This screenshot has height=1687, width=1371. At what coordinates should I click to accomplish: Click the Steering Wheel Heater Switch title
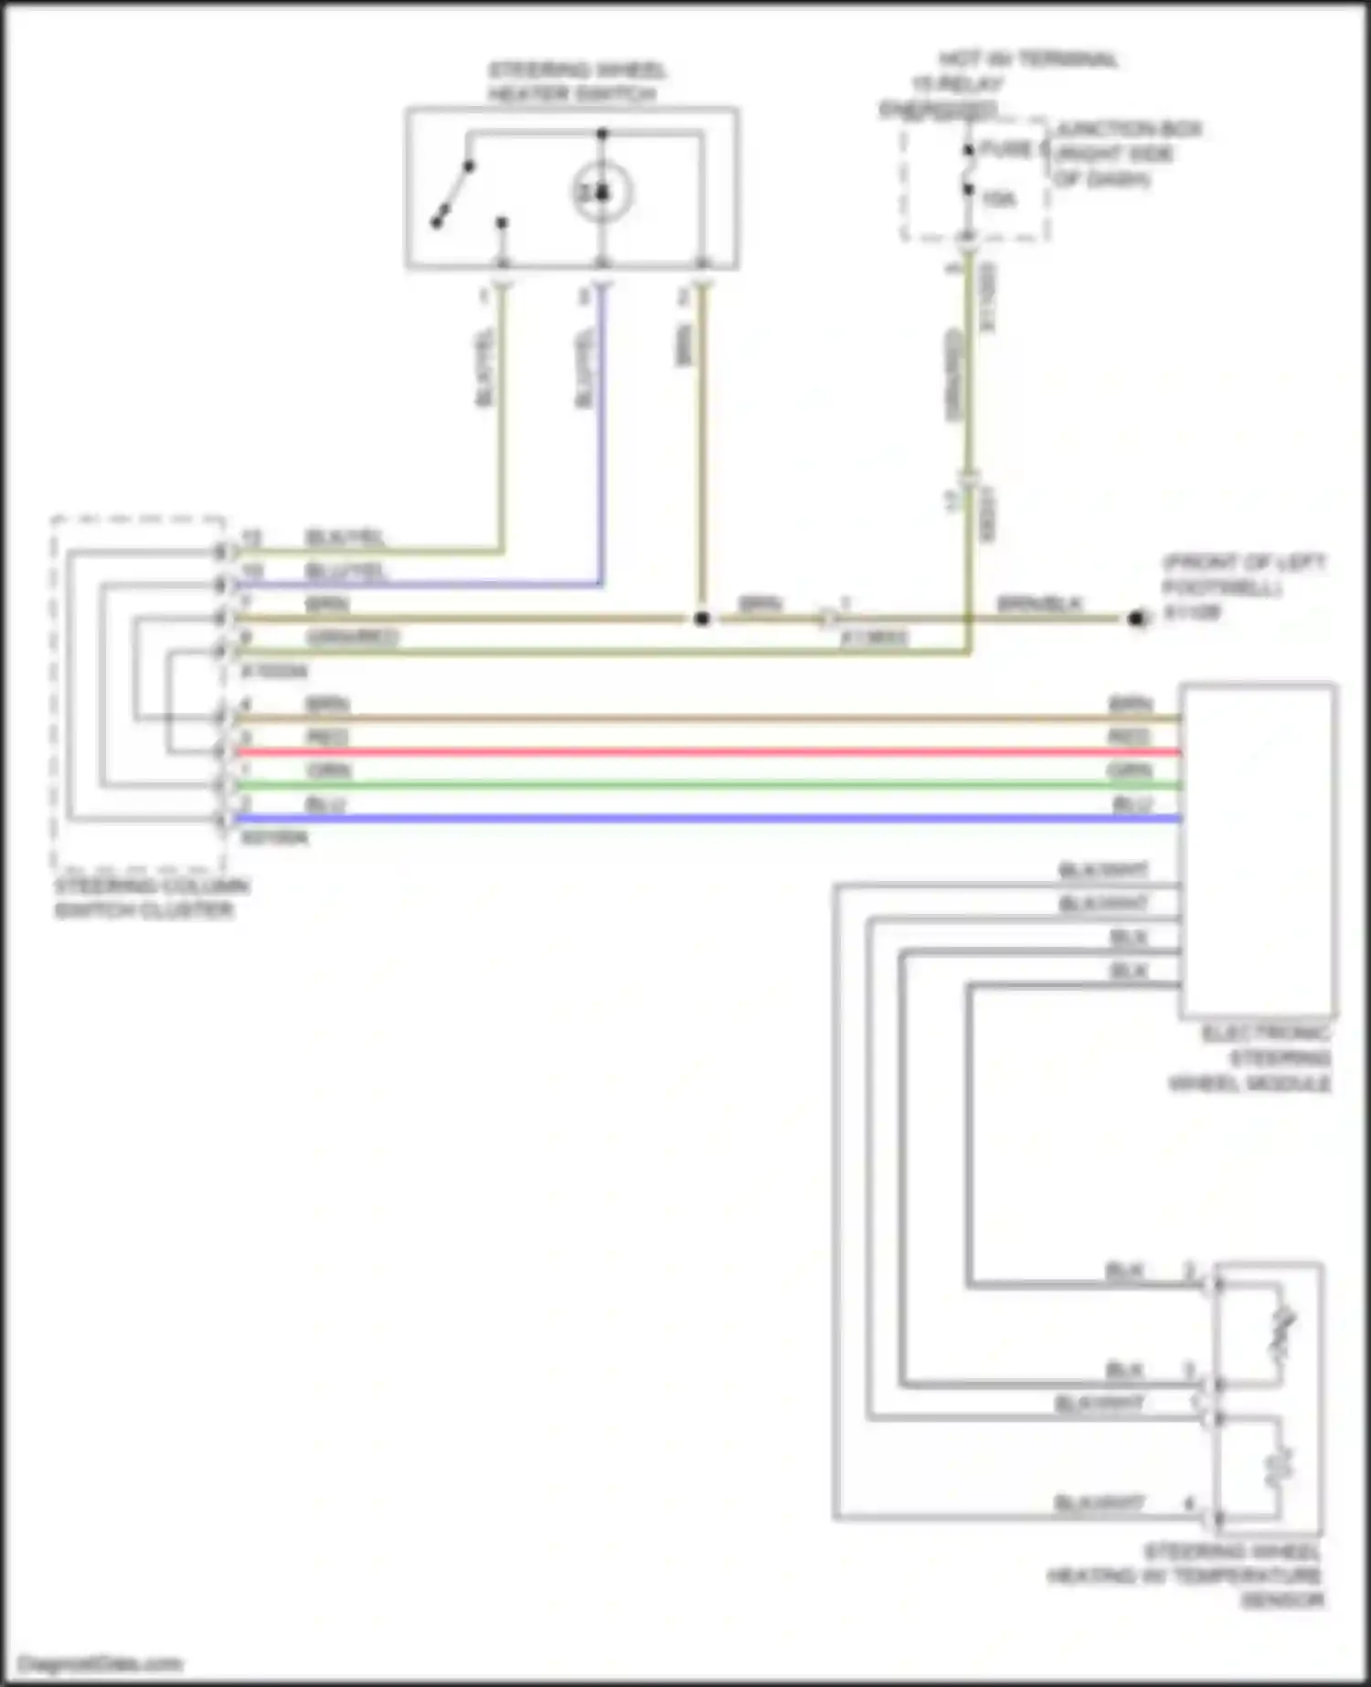[576, 82]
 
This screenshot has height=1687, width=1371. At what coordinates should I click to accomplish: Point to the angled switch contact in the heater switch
[452, 194]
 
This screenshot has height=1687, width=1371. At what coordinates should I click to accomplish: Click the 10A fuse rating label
[998, 198]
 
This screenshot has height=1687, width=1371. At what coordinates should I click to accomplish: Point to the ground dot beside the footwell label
[1136, 619]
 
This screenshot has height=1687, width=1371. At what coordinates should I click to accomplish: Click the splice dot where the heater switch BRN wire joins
[701, 619]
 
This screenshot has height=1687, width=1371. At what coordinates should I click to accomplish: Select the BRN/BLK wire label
[1039, 604]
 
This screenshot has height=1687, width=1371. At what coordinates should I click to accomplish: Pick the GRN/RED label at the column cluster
[352, 637]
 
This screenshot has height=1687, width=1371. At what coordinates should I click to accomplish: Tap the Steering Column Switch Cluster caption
[151, 897]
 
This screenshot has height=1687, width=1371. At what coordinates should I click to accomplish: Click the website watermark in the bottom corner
[101, 1663]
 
